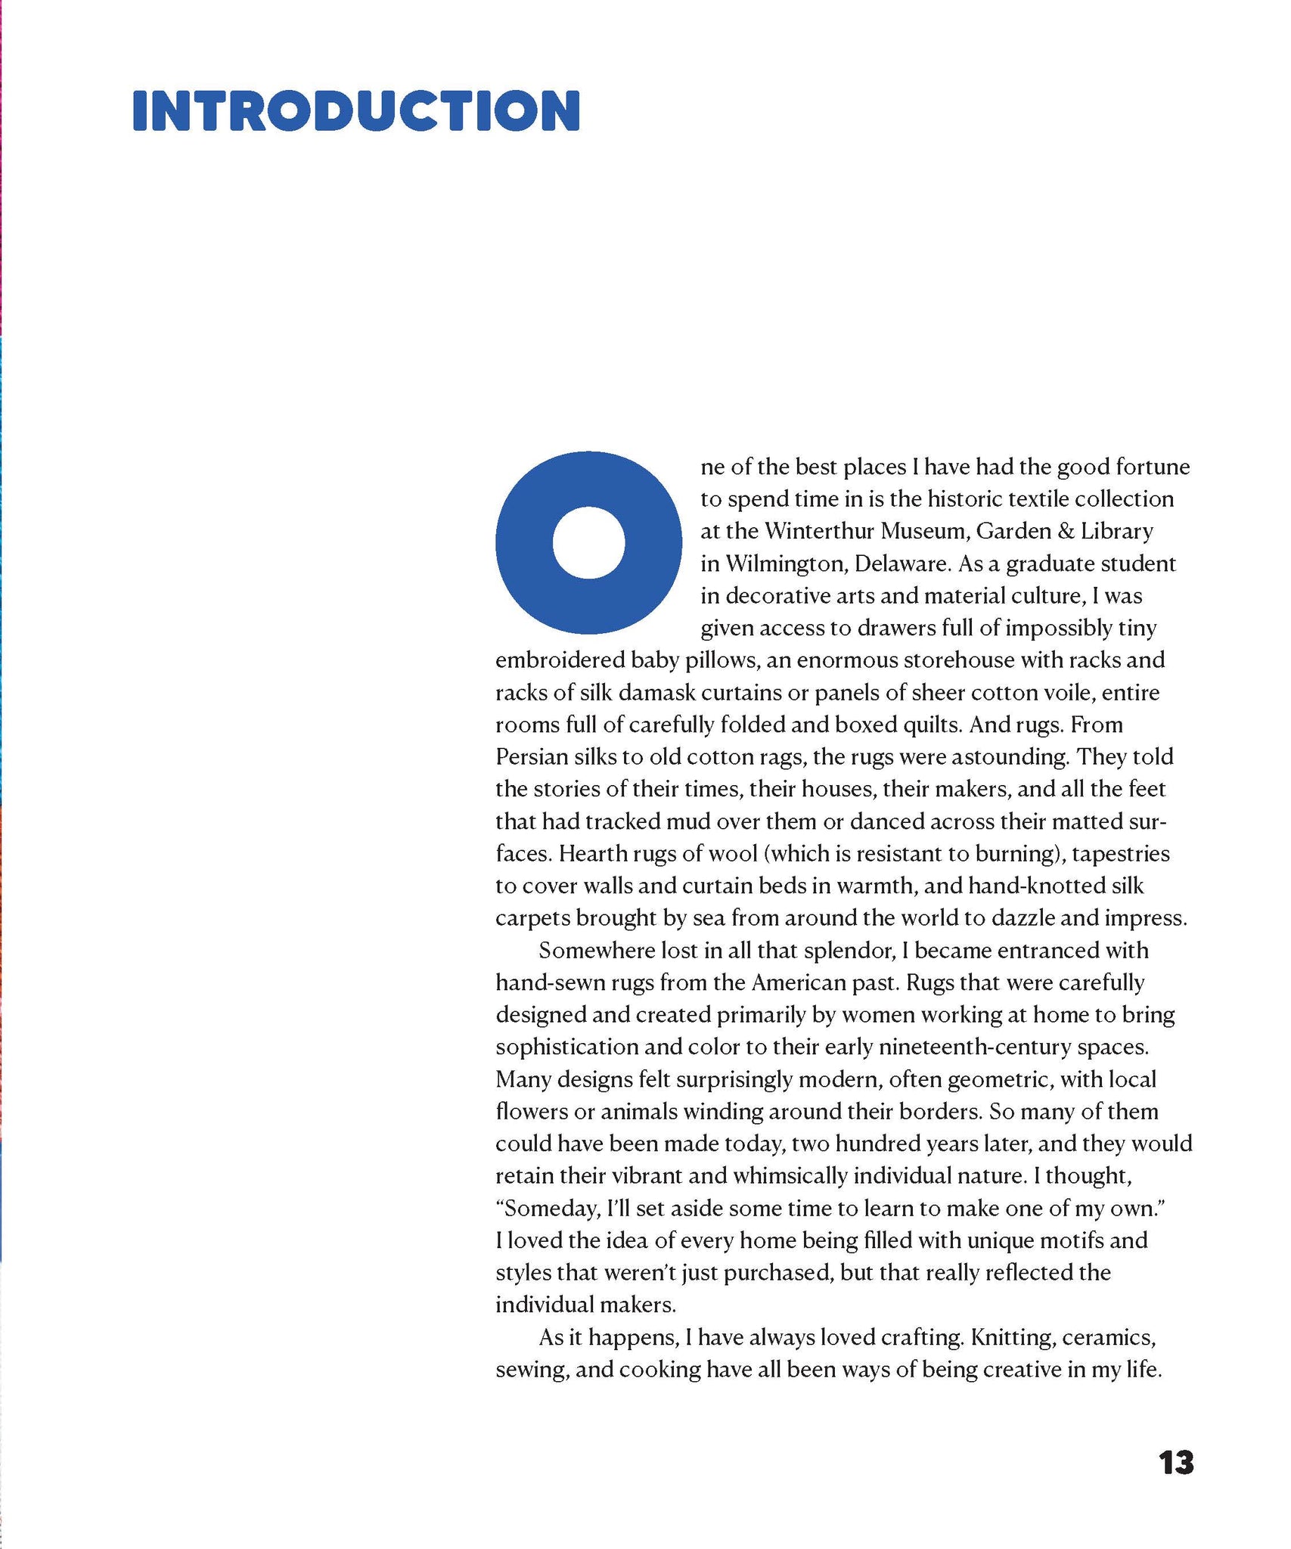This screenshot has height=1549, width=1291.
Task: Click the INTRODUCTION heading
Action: (x=356, y=111)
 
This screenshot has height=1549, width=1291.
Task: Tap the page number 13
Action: (x=1175, y=1463)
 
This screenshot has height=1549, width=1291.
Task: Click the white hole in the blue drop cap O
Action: (x=588, y=543)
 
